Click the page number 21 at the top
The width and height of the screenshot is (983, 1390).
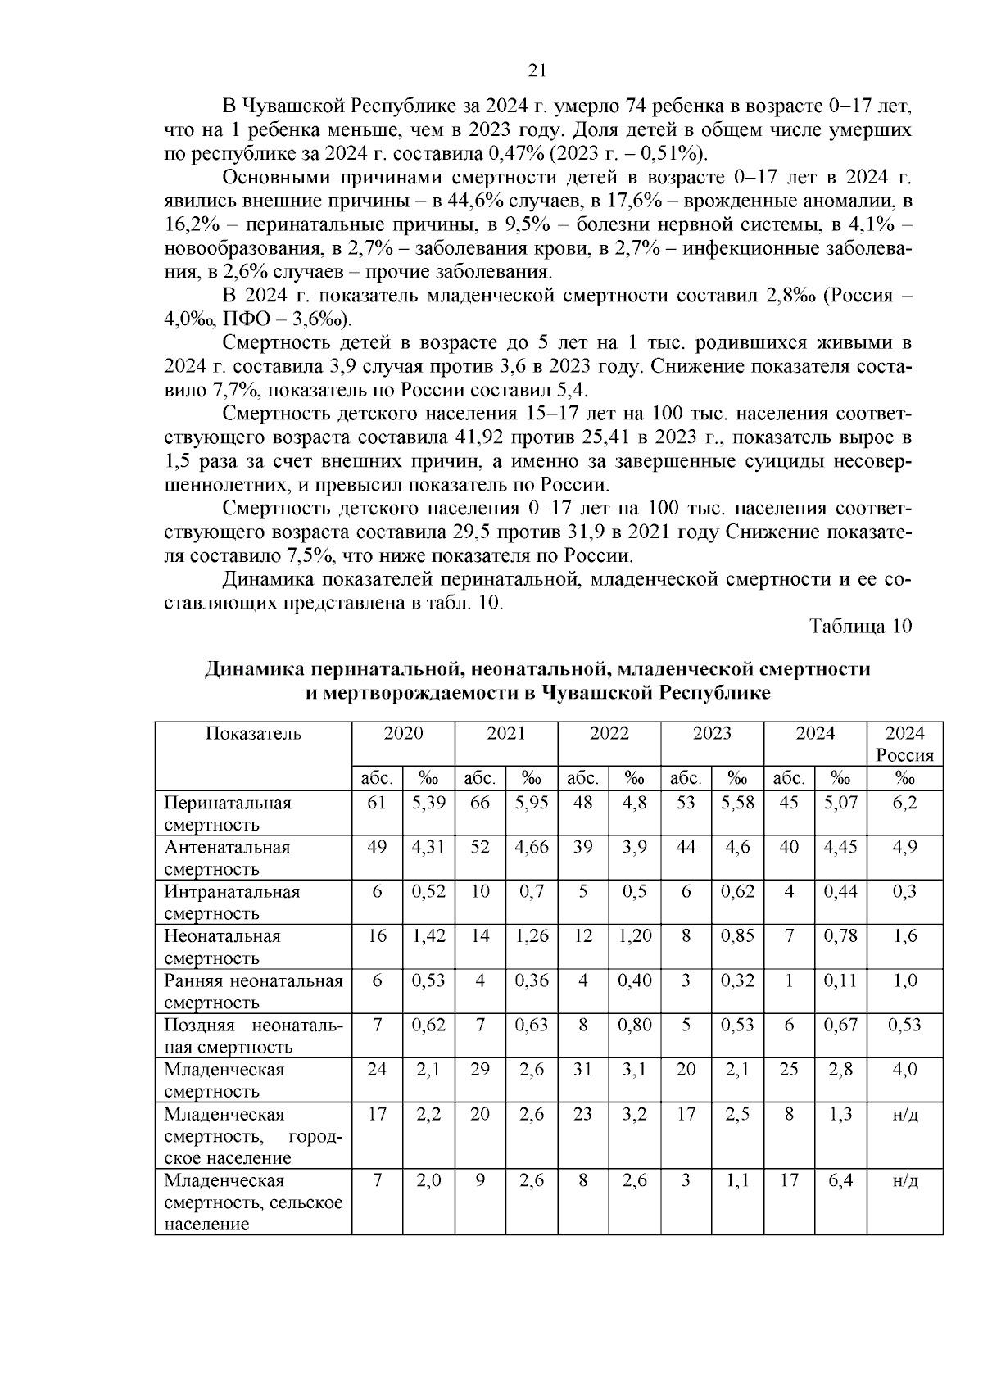pos(537,70)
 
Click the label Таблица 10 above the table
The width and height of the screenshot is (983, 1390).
pos(860,627)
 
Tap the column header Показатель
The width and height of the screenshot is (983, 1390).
pos(253,733)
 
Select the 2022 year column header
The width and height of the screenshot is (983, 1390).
pos(609,733)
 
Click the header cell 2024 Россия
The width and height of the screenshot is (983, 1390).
pos(905,744)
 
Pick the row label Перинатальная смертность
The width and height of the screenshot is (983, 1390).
pos(228,813)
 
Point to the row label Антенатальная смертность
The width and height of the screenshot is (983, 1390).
pos(227,858)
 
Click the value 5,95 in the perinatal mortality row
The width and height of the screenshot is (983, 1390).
pos(532,803)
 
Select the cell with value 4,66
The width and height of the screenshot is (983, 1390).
pos(532,847)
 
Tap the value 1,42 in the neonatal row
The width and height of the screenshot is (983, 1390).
pos(428,936)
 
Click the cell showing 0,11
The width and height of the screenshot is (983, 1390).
pos(840,980)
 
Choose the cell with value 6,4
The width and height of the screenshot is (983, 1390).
pos(840,1180)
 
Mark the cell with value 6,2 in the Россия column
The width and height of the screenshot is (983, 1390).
pos(905,803)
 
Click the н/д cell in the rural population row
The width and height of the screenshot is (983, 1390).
pos(905,1180)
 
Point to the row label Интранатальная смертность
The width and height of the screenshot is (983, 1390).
pos(232,902)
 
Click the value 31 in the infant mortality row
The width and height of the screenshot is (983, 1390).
pos(582,1069)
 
